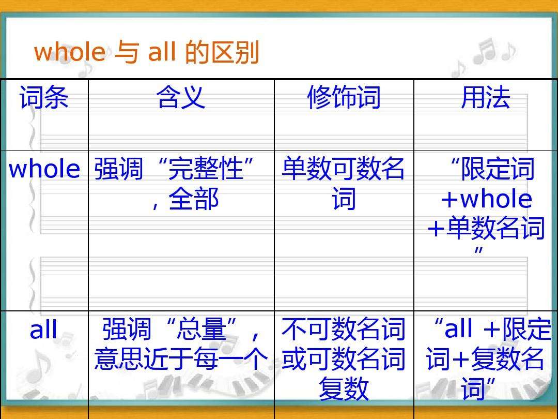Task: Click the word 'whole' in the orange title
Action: [70, 52]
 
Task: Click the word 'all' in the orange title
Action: [162, 52]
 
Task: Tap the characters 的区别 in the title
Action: [222, 52]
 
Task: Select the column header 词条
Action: [44, 97]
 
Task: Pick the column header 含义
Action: [181, 97]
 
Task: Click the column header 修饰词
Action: [344, 97]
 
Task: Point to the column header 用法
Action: [485, 97]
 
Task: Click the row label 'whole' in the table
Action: [44, 169]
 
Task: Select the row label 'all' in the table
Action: [43, 329]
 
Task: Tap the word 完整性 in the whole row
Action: [206, 168]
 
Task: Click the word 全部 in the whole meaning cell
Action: [194, 199]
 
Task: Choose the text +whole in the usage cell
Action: [486, 199]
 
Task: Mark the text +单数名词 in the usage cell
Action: [486, 229]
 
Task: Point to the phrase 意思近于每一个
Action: [181, 359]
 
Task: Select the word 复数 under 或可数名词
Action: [344, 388]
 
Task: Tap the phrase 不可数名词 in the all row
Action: [344, 329]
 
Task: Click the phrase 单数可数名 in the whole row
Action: [343, 168]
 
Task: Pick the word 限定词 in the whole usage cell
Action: [498, 168]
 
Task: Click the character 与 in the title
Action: [127, 52]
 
